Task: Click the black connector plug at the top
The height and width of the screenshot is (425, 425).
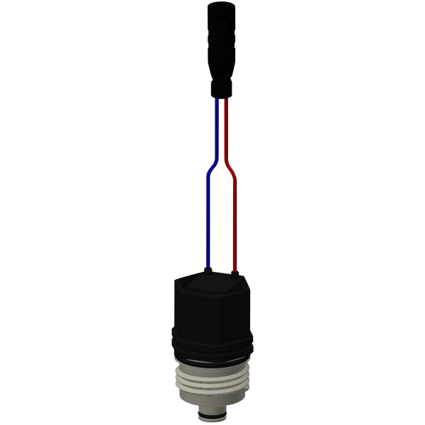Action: point(219,42)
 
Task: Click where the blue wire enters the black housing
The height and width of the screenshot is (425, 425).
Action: point(205,268)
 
